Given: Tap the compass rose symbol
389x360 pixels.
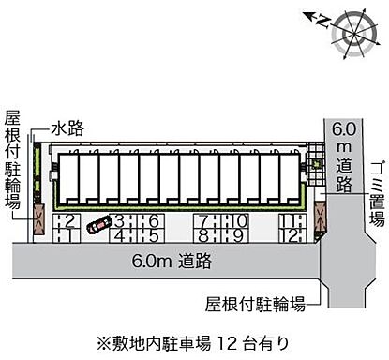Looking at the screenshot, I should pyautogui.click(x=353, y=27).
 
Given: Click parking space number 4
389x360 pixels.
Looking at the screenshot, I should pyautogui.click(x=120, y=234).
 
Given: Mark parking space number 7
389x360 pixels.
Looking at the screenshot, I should pyautogui.click(x=202, y=220).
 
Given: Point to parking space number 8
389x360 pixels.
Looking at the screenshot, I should pyautogui.click(x=202, y=235).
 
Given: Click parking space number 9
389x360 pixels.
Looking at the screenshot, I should pyautogui.click(x=240, y=235).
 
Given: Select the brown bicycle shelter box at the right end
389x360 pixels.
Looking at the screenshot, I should pyautogui.click(x=321, y=218).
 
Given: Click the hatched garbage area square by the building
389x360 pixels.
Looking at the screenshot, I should pyautogui.click(x=317, y=151).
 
